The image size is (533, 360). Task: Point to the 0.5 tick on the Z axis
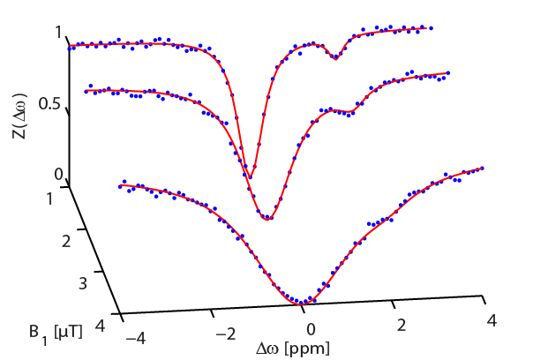click(49, 103)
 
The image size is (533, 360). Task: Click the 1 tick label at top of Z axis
click(58, 33)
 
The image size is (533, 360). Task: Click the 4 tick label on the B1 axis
click(103, 325)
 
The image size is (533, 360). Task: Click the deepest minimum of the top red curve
click(253, 168)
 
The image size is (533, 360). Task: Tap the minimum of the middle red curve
click(267, 219)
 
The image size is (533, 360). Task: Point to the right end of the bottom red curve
click(483, 167)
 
